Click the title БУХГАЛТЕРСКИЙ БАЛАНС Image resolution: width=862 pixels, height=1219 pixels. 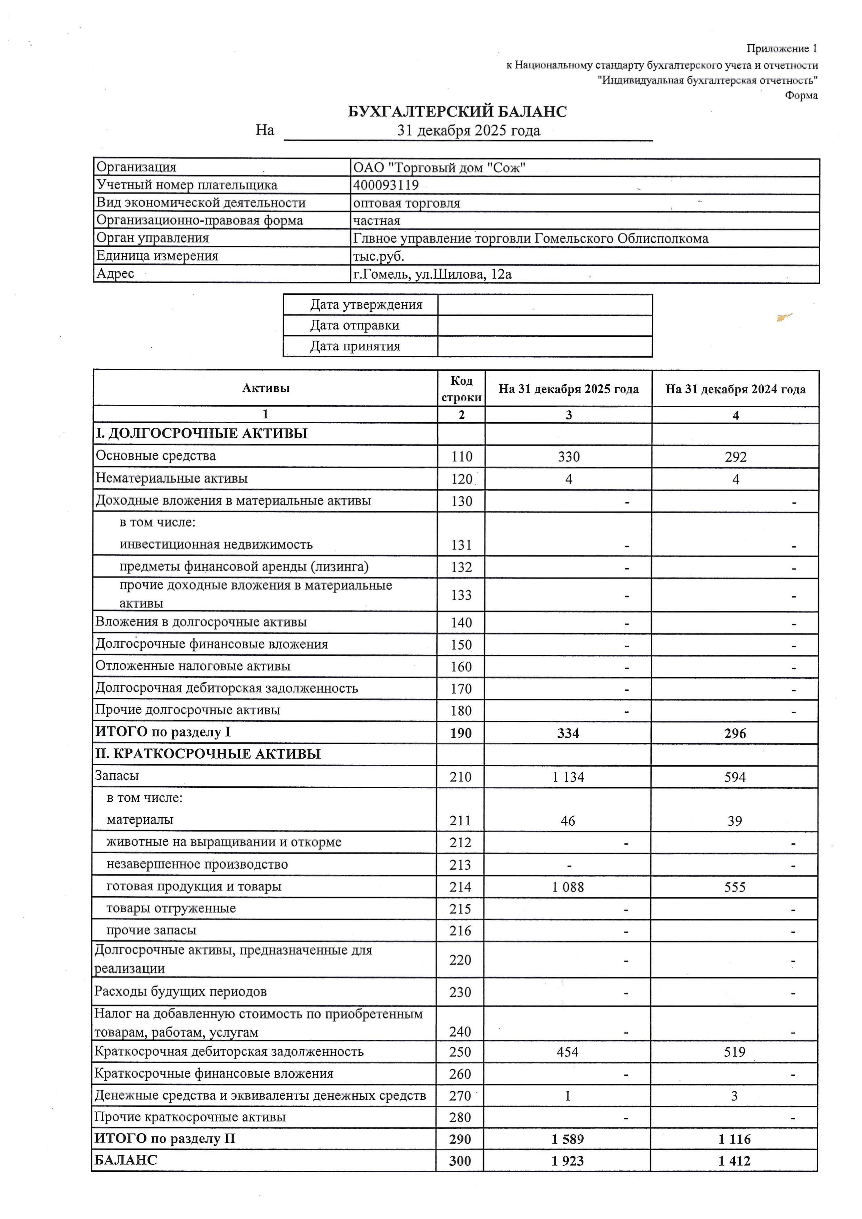457,112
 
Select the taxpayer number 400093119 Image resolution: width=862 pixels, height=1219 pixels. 386,185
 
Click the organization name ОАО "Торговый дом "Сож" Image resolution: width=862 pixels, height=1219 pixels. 439,168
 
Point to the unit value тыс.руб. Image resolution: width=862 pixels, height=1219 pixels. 379,256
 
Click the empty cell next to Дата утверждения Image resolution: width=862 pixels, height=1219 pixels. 544,305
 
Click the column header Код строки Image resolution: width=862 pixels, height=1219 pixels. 461,388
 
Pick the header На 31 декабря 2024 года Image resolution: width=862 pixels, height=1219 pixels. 735,389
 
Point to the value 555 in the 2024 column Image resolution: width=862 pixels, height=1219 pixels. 734,887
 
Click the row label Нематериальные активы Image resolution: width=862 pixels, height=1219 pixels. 172,478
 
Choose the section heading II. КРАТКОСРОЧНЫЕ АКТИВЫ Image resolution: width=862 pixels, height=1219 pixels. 208,754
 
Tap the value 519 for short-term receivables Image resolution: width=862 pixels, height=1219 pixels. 734,1052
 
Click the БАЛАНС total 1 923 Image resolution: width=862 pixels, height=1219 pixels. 567,1161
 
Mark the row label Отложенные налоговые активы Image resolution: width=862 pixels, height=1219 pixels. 193,666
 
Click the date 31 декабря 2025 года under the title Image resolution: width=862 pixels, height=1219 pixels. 469,131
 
